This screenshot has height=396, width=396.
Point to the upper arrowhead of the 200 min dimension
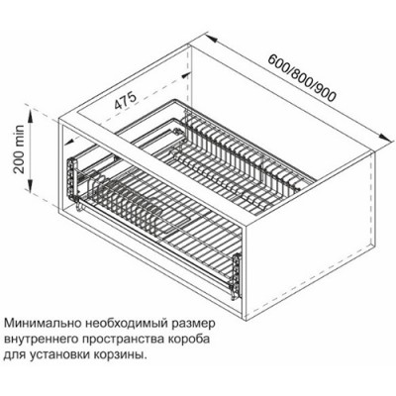click(x=41, y=120)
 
